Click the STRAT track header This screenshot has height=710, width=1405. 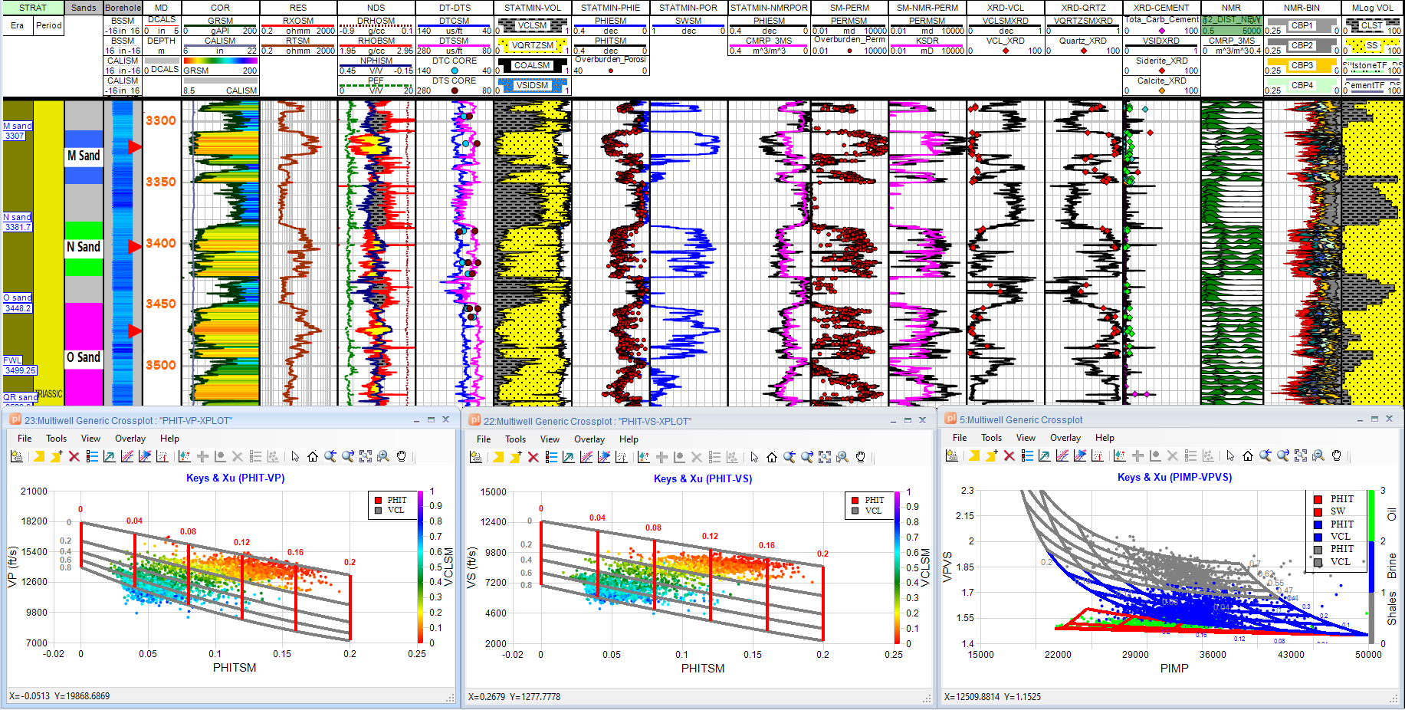pyautogui.click(x=33, y=8)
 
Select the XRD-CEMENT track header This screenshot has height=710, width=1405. pyautogui.click(x=1161, y=8)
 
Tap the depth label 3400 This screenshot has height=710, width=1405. pyautogui.click(x=161, y=243)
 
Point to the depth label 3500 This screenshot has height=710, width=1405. pyautogui.click(x=161, y=365)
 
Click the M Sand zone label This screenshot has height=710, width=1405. pyautogui.click(x=84, y=156)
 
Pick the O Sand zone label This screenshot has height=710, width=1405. pyautogui.click(x=84, y=357)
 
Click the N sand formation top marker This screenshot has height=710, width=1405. pyautogui.click(x=18, y=217)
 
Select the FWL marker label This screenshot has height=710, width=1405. pyautogui.click(x=13, y=360)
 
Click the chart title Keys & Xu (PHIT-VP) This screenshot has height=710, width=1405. pyautogui.click(x=235, y=478)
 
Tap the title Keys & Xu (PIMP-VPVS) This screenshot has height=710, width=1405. pyautogui.click(x=1174, y=477)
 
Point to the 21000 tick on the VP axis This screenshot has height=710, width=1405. pyautogui.click(x=34, y=491)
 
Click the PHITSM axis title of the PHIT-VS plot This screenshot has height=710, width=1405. pyautogui.click(x=702, y=669)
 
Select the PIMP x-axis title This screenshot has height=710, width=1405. pyautogui.click(x=1174, y=669)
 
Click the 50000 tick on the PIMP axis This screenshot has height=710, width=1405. pyautogui.click(x=1368, y=655)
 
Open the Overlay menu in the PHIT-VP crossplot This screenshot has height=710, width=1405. pyautogui.click(x=130, y=439)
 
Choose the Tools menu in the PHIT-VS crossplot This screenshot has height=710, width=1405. pyautogui.click(x=515, y=439)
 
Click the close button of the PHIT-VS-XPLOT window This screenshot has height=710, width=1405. pyautogui.click(x=922, y=420)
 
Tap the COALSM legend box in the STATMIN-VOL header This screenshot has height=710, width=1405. pyautogui.click(x=532, y=66)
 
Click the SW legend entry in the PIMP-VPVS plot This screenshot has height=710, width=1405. pyautogui.click(x=1338, y=511)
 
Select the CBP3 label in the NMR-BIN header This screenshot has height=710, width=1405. pyautogui.click(x=1302, y=66)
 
